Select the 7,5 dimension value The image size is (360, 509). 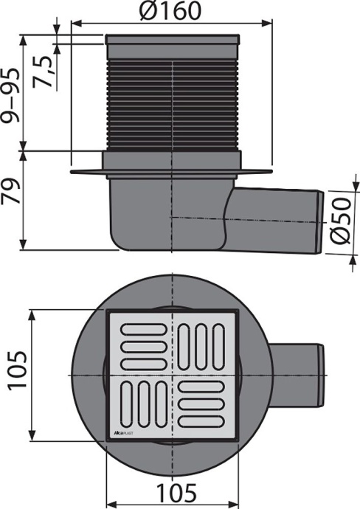point(46,71)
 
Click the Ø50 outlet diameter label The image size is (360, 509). point(343,221)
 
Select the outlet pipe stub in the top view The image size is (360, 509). point(295,375)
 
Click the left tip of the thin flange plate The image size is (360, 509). point(72,173)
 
